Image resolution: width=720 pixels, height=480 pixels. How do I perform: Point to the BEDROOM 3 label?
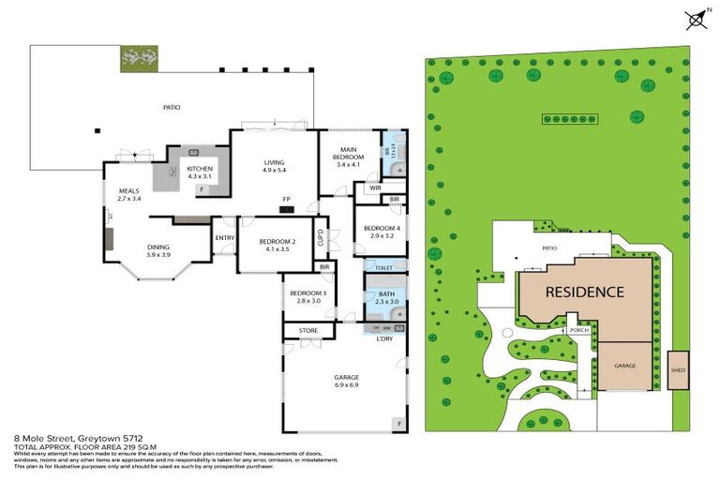(x=307, y=293)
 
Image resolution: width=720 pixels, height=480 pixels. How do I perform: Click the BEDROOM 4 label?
(x=382, y=228)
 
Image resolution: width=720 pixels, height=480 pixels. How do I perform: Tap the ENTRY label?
(x=224, y=237)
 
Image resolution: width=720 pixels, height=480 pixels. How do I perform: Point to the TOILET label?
(x=385, y=267)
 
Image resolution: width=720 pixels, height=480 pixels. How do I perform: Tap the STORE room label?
(x=308, y=331)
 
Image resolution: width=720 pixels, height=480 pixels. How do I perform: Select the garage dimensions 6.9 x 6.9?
(x=347, y=383)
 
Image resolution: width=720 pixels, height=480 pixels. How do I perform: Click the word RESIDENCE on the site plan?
(x=585, y=292)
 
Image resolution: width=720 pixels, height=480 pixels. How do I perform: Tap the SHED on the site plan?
(x=677, y=369)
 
